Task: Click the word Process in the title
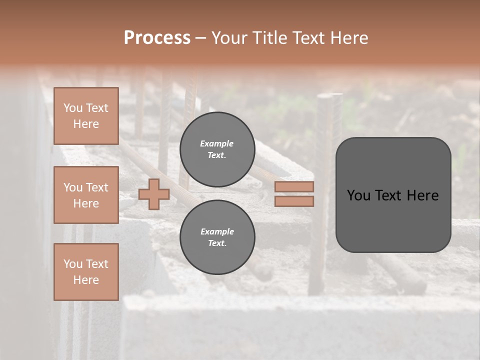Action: tap(157, 38)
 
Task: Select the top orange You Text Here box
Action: tap(86, 116)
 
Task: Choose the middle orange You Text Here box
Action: tap(86, 195)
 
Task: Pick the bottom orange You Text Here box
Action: tap(86, 272)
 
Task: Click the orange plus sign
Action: tap(154, 194)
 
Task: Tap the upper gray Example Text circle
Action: tap(217, 149)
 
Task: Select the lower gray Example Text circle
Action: tap(217, 237)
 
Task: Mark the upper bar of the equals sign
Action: tap(294, 187)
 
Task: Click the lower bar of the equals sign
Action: tap(294, 201)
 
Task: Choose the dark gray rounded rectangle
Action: tap(393, 194)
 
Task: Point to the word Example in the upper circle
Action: tap(217, 143)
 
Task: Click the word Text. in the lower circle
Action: tap(217, 243)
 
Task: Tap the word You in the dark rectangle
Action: tap(358, 195)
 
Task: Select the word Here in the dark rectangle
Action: tap(422, 195)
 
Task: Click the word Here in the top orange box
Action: tap(86, 124)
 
